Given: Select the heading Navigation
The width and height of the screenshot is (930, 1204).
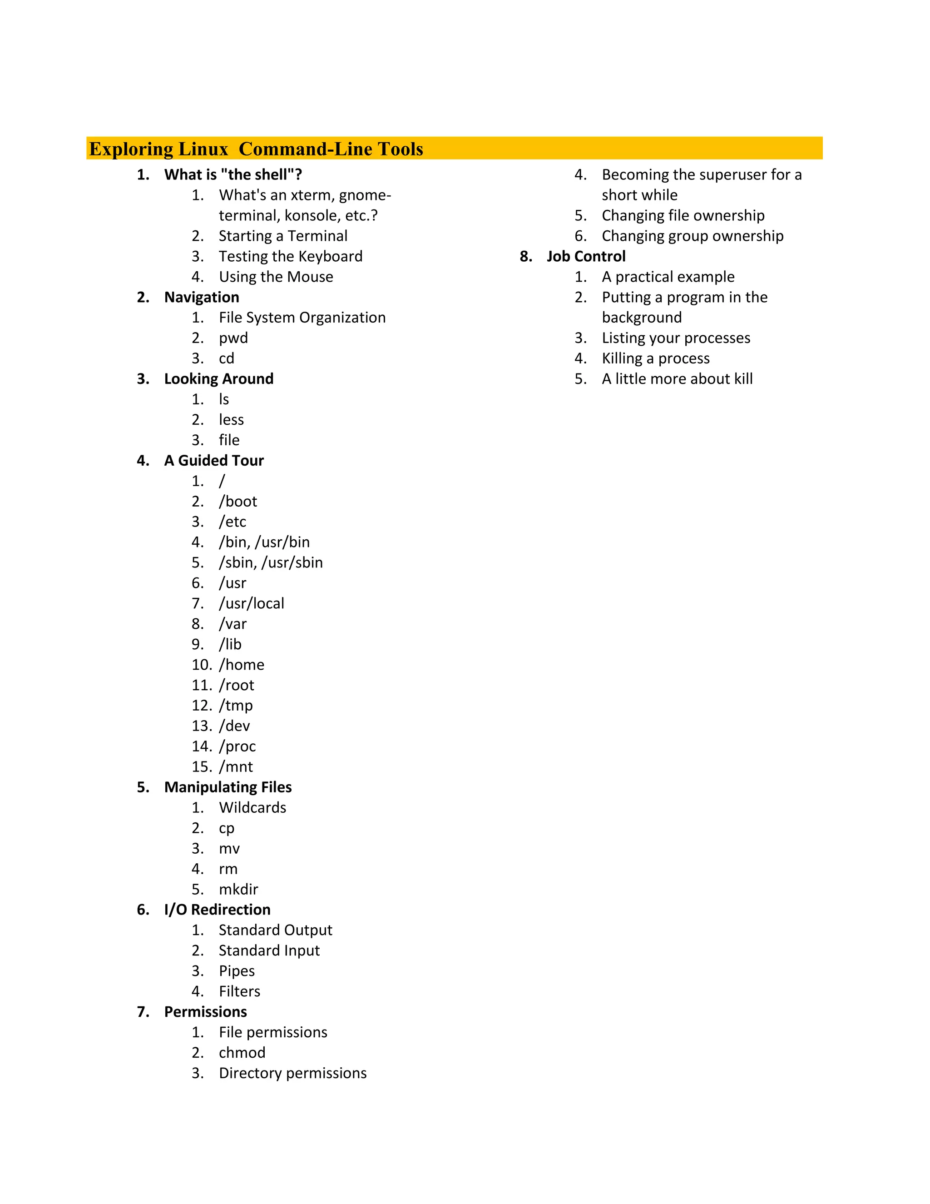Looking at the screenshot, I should (x=202, y=297).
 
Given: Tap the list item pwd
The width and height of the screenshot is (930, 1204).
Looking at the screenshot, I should (x=233, y=338).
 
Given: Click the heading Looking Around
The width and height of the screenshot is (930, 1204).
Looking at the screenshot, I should (x=219, y=379).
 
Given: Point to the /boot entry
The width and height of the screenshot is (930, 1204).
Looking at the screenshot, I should (x=238, y=501).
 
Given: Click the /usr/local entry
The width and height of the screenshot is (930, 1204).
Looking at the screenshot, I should (x=251, y=603).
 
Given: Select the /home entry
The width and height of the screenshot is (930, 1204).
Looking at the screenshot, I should (x=241, y=664).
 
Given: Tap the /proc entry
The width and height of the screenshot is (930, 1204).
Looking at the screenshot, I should (x=237, y=746).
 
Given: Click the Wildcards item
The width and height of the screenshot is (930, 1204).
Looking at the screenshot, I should (x=252, y=808).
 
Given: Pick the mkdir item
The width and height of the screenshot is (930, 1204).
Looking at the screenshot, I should (x=238, y=889).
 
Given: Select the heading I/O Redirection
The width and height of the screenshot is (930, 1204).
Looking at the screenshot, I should (x=217, y=910).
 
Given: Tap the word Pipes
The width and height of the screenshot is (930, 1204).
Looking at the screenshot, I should (x=237, y=971).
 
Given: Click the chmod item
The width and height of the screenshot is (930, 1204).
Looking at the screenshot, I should (x=242, y=1052).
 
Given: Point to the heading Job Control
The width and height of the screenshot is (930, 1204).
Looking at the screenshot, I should (x=586, y=256).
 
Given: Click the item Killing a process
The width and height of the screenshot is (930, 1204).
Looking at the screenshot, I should (x=656, y=358).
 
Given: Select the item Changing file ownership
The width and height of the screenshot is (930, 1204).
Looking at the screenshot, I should (x=683, y=215).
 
